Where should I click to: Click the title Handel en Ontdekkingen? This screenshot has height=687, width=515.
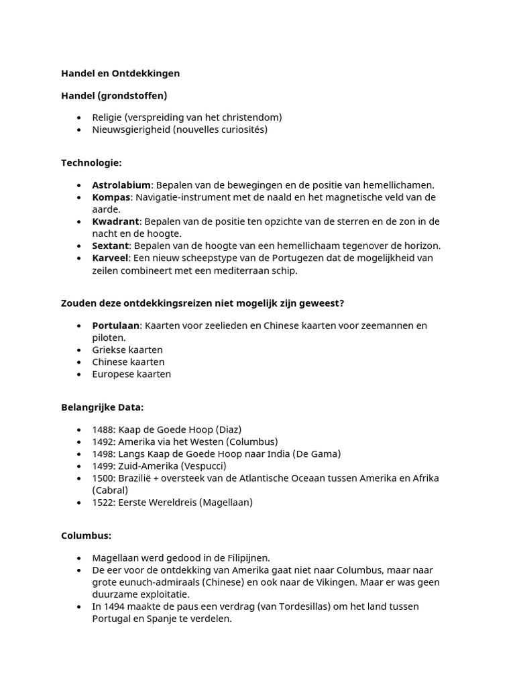coord(121,73)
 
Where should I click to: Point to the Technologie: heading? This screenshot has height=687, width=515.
coord(91,163)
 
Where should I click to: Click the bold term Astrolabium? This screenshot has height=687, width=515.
coord(121,185)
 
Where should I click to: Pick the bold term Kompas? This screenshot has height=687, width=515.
coord(111,197)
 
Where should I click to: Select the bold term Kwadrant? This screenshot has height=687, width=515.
coord(115,221)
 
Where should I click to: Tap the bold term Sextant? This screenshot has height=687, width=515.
coord(111,246)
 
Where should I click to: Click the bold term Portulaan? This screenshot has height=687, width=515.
coord(115,325)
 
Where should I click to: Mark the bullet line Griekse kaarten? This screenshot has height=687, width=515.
coord(127,350)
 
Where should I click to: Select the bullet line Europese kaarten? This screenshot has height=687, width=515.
coord(131,374)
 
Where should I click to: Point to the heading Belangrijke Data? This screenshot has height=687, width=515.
coord(102,407)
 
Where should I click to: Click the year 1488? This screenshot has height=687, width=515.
coord(103,429)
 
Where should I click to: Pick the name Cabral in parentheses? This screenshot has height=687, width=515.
coord(110,490)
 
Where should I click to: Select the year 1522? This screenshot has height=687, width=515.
coord(103,502)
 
